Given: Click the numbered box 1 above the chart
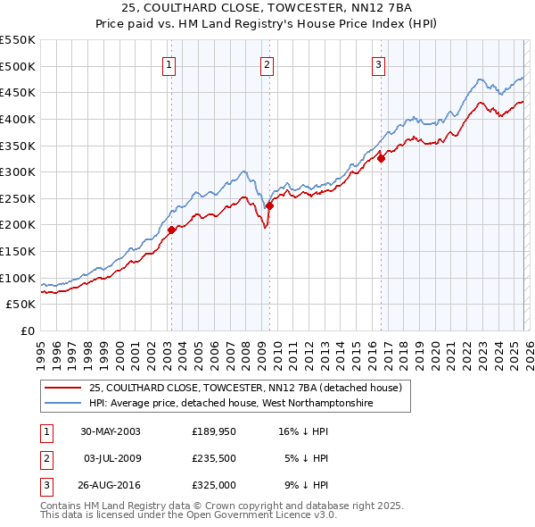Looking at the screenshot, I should pos(169,63).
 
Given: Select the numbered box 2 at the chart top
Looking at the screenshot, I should pos(267,63).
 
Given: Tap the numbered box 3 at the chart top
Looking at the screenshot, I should pos(379,63).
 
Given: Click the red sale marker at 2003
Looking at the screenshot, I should pos(171,230).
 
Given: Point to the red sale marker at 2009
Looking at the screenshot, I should pos(269,205).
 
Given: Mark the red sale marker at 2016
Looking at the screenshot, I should pos(382,158).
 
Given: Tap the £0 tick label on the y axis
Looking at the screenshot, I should pos(27,330).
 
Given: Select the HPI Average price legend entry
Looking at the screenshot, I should pos(230,404).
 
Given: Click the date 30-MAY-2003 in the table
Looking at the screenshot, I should pos(111,431).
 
